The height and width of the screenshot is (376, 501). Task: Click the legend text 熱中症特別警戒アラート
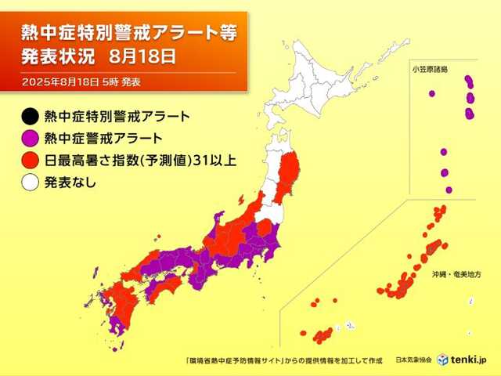[x=117, y=117]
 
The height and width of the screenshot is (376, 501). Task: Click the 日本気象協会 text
[x=413, y=359]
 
